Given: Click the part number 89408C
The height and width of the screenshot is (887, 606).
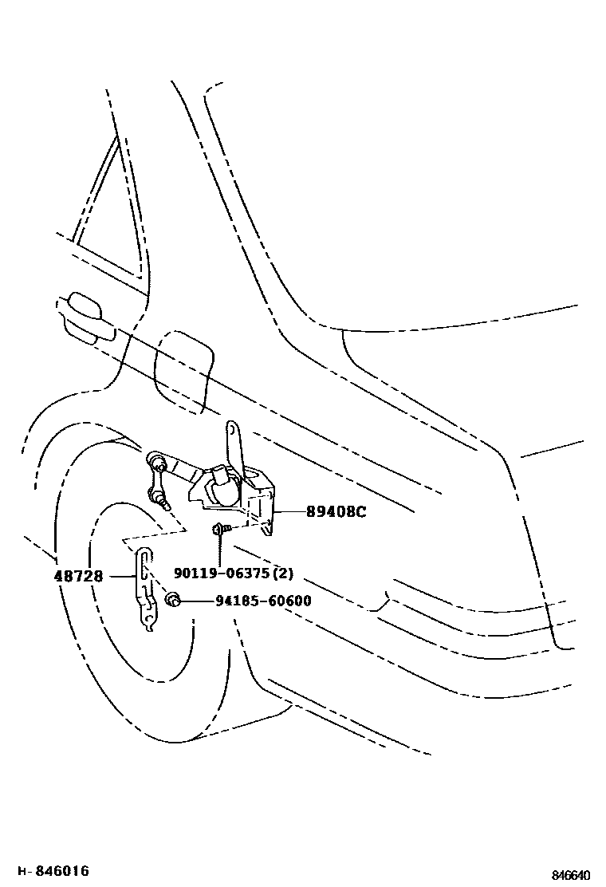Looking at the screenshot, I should (336, 512).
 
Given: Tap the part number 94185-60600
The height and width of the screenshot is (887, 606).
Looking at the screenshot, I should (252, 601).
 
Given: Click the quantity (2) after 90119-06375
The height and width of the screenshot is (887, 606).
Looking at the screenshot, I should (283, 574).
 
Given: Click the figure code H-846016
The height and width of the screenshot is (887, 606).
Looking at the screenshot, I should (53, 870).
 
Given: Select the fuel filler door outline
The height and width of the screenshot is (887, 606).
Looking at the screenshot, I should (183, 371).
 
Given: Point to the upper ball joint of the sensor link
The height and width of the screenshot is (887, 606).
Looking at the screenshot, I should (155, 461).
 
